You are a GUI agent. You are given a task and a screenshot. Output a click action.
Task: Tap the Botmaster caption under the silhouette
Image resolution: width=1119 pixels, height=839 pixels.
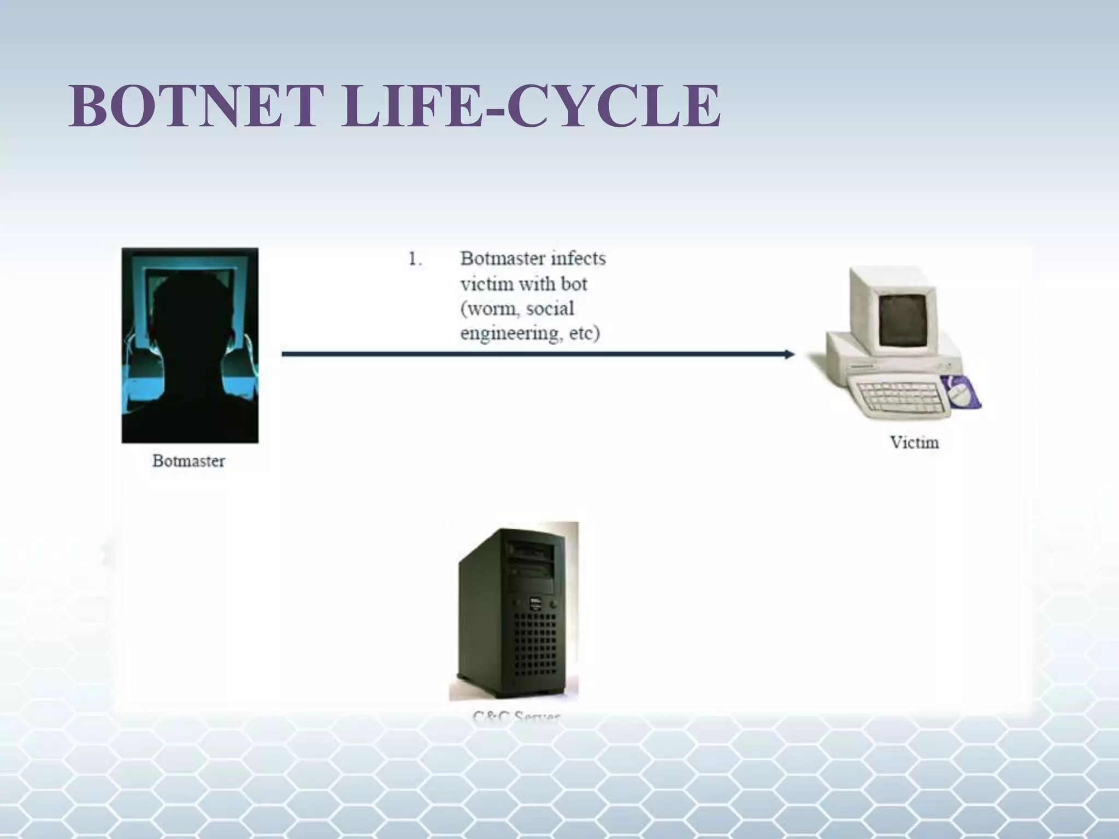pyautogui.click(x=189, y=461)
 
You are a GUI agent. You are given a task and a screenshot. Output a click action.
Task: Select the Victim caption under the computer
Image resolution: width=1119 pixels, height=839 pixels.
pyautogui.click(x=914, y=442)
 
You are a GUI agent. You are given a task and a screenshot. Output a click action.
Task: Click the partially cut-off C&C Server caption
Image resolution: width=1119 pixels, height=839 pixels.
pyautogui.click(x=516, y=716)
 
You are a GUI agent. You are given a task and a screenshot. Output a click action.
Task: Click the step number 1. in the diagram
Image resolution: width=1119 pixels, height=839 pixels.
pyautogui.click(x=415, y=259)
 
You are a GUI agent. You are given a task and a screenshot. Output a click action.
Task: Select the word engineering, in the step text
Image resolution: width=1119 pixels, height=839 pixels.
pyautogui.click(x=510, y=333)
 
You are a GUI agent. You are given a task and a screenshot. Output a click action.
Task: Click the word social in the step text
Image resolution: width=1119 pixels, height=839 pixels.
pyautogui.click(x=549, y=309)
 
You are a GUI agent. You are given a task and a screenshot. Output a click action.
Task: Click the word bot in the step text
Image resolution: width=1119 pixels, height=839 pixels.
pyautogui.click(x=573, y=284)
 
